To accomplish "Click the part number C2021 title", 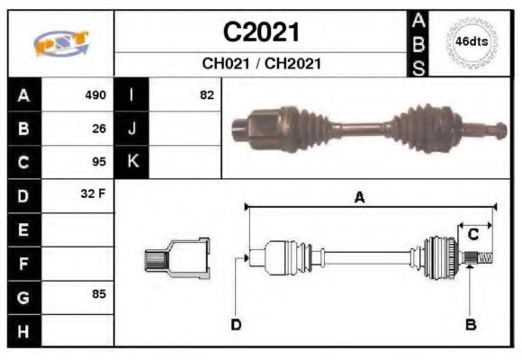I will click(260, 32).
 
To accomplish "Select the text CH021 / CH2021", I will click(261, 65).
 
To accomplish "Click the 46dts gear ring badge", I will click(472, 41).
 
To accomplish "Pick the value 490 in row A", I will click(95, 94).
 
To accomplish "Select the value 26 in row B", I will click(99, 129).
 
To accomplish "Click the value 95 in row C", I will click(99, 163).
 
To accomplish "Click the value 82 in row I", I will click(207, 94).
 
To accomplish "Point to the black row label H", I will click(22, 331).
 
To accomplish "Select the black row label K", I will click(131, 162).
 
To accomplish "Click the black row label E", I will click(22, 230).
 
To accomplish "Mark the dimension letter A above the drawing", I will click(359, 197).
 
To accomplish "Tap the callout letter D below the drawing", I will click(236, 324).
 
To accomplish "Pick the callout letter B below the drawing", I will click(470, 324).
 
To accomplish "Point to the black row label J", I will click(131, 129).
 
